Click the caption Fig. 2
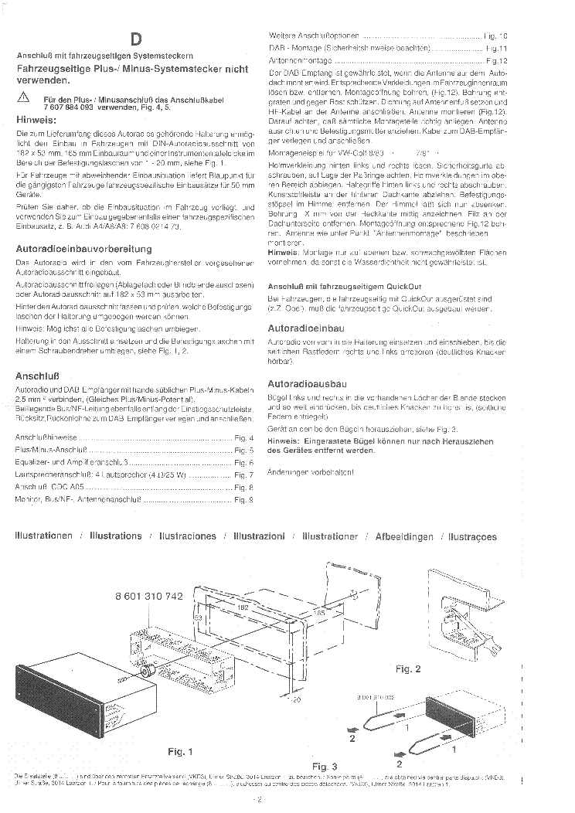[x=408, y=668]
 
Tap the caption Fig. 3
[x=325, y=766]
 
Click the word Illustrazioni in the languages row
[x=259, y=536]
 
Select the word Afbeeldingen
[x=404, y=536]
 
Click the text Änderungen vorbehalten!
[x=306, y=471]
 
